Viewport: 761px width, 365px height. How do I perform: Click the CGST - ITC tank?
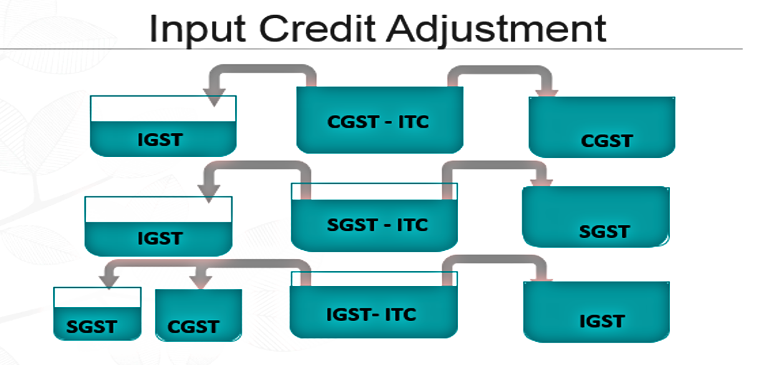click(379, 120)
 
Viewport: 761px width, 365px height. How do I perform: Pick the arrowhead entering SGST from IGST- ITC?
click(108, 282)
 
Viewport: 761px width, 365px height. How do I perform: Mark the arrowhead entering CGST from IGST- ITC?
click(199, 282)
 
